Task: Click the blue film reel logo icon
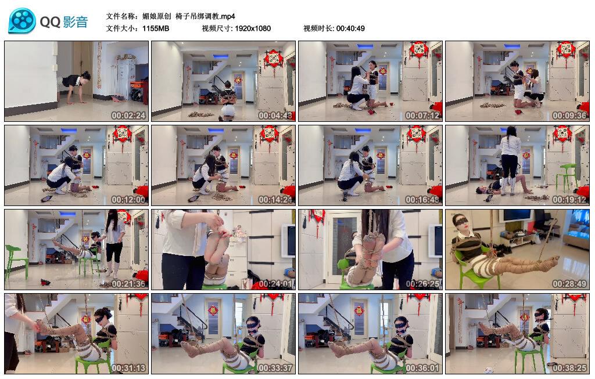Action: coord(22,21)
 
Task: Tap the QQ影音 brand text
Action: coord(64,22)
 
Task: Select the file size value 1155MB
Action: coord(156,28)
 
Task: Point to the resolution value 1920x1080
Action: coord(253,28)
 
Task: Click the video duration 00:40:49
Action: coord(350,28)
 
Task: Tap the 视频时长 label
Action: coord(318,28)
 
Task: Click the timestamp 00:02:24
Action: coord(128,115)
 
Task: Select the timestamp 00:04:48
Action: coord(275,115)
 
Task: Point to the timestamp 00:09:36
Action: coord(569,115)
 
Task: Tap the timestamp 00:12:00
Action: coord(128,199)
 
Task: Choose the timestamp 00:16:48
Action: coord(422,199)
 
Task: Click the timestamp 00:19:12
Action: coord(569,199)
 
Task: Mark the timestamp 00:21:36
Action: coord(128,283)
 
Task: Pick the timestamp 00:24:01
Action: coord(275,283)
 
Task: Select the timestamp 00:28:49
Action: coord(569,283)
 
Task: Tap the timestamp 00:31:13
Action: coord(128,367)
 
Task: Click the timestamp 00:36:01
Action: coord(422,367)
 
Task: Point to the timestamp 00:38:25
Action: coord(569,367)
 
